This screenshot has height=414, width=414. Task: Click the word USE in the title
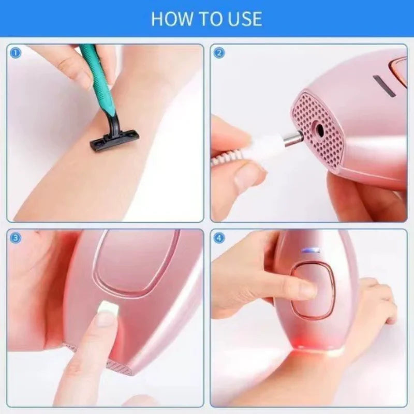pos(244,19)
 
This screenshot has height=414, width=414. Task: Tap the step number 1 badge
pos(16,52)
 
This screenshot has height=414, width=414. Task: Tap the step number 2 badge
pos(219,52)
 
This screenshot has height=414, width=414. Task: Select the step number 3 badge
pos(16,238)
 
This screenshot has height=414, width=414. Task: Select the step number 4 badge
pos(219,238)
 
